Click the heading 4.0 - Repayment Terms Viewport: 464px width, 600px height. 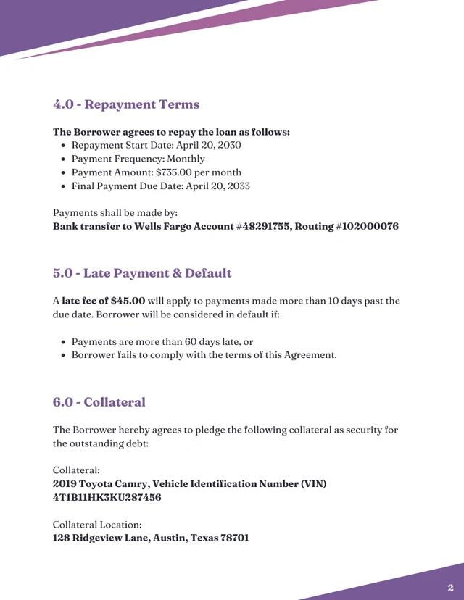tap(126, 104)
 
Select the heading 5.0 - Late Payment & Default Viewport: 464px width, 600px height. tap(142, 273)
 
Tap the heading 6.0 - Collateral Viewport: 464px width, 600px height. tap(99, 402)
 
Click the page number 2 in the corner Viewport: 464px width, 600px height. tap(450, 588)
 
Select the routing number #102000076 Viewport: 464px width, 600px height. tap(367, 227)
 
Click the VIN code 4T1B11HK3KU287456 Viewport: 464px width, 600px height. tap(107, 498)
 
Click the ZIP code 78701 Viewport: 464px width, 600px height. tap(234, 538)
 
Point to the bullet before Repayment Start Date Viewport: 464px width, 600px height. tap(64, 146)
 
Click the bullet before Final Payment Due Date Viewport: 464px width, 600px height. tap(64, 186)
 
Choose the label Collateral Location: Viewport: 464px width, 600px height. tap(97, 525)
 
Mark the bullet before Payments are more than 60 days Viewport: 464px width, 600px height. tap(64, 342)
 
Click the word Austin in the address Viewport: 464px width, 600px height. tap(170, 538)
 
